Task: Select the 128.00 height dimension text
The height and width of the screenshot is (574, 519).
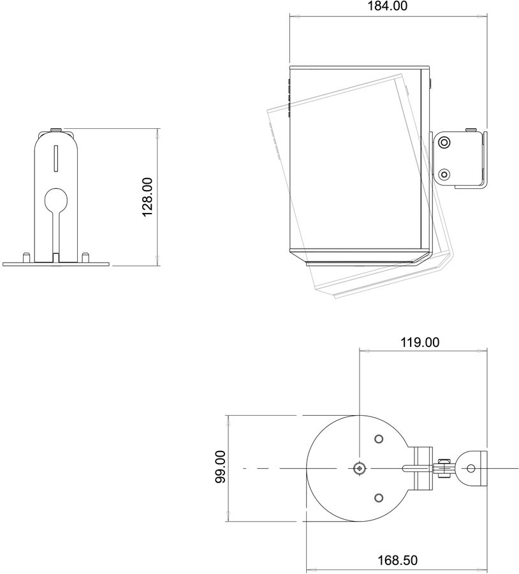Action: [x=148, y=197]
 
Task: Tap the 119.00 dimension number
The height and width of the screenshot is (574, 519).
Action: [x=420, y=342]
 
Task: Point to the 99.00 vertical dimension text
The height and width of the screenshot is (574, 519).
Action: [x=220, y=467]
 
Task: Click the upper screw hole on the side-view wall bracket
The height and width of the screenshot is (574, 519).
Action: [x=445, y=142]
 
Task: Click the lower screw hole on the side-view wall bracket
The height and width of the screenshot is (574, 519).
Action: [x=445, y=172]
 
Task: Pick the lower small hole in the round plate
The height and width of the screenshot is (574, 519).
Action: [x=379, y=497]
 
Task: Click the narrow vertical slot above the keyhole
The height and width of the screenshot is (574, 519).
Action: [x=55, y=158]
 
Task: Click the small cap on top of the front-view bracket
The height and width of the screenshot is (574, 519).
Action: [x=55, y=130]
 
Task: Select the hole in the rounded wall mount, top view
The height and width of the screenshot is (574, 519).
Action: [x=471, y=468]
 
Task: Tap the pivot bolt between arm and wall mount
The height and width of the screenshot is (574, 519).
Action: [x=444, y=468]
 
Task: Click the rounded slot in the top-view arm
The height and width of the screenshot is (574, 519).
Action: [x=409, y=468]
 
